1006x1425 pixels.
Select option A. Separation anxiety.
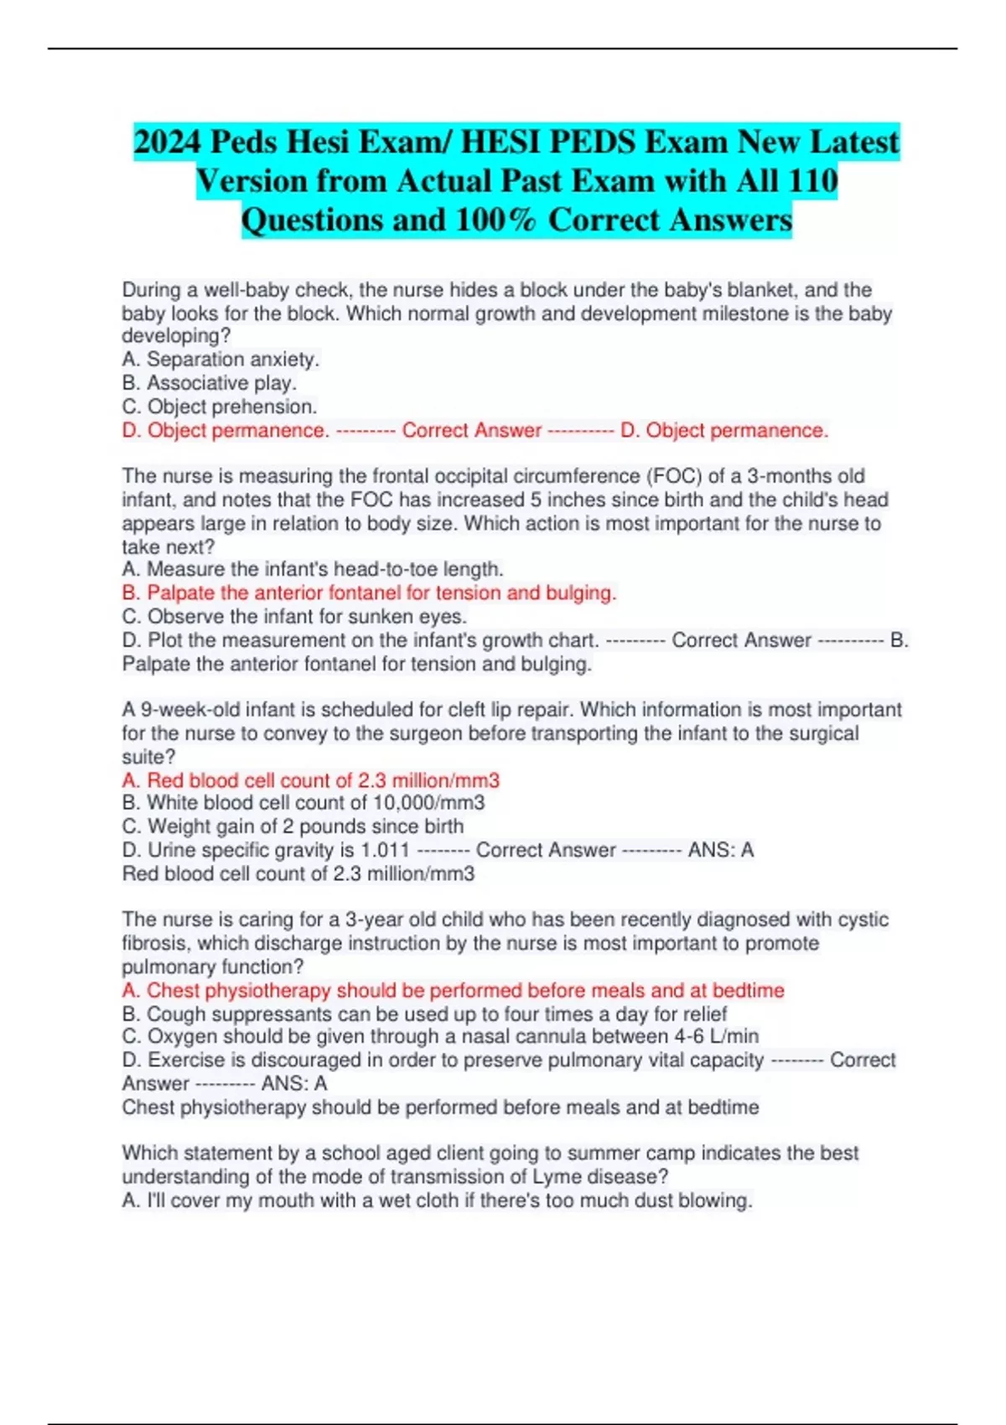220,360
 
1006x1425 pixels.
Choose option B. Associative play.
209,383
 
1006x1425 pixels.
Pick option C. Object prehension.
219,407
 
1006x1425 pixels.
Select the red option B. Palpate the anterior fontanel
369,593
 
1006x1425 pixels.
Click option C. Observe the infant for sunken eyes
293,617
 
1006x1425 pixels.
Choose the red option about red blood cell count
310,780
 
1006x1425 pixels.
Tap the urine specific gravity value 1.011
385,850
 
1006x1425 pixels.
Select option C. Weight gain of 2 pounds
292,826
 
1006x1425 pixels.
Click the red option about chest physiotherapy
453,991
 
